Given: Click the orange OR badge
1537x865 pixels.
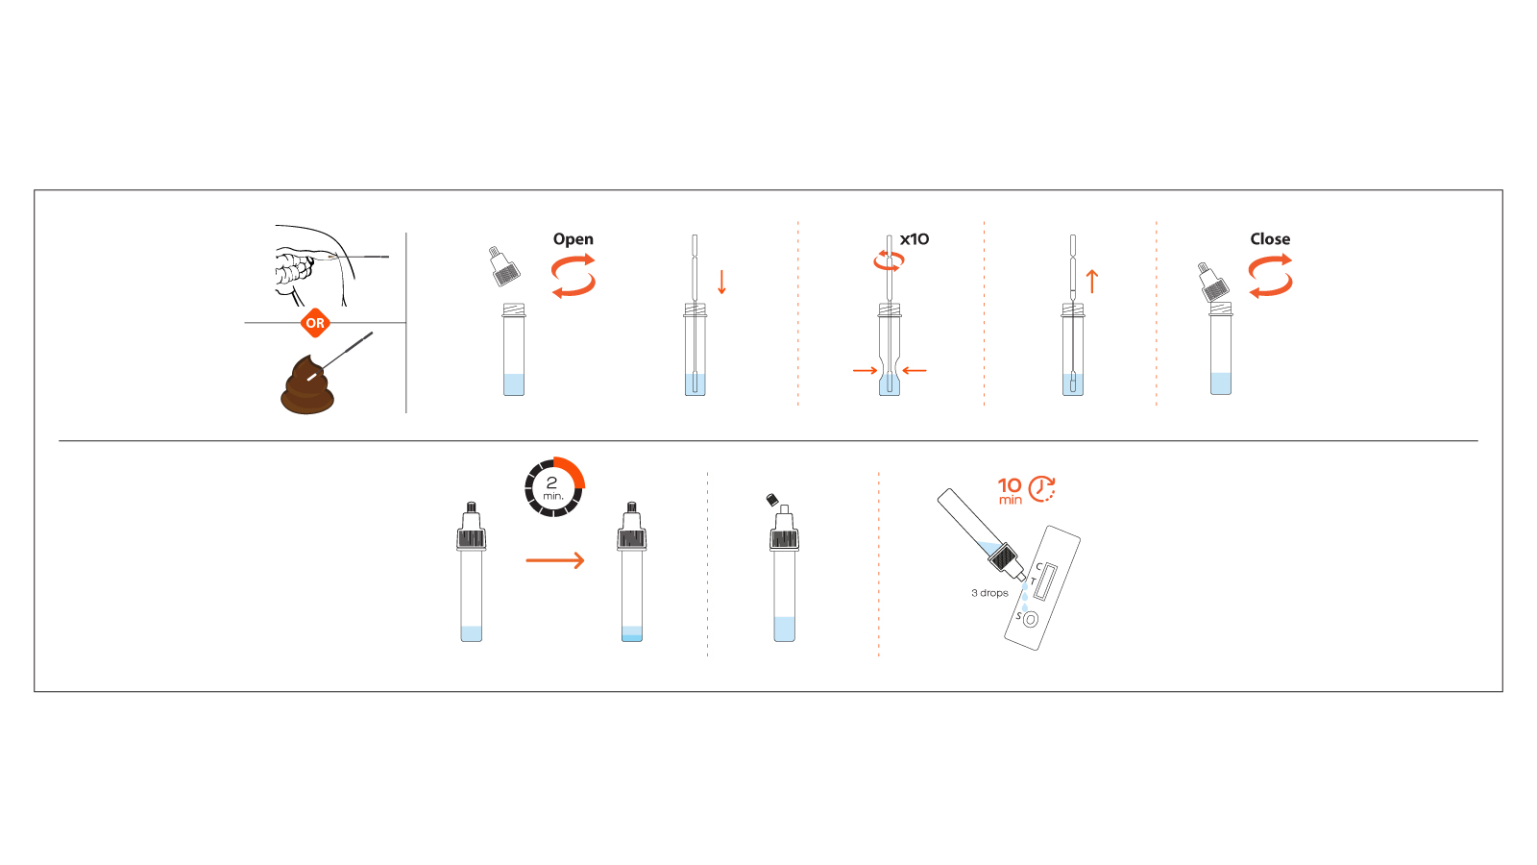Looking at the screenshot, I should point(315,323).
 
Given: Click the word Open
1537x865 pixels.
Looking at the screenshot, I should point(573,239).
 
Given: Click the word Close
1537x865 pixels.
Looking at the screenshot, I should point(1270,239).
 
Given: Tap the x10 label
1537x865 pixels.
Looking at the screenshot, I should point(915,239).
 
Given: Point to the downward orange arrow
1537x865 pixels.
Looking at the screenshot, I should point(722,282).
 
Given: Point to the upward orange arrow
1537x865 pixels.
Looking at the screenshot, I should point(1092,281).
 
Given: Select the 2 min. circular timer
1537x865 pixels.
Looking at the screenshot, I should point(554,487).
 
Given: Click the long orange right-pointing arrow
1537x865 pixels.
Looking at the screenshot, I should point(555,560).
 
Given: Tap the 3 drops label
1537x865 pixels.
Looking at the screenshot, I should point(989,593).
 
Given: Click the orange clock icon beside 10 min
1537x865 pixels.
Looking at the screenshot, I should point(1042,488).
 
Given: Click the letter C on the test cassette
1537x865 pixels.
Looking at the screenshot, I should point(1038,566).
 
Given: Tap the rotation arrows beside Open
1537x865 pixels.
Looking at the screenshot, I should point(573,275).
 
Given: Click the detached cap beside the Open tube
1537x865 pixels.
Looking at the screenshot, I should point(503,267).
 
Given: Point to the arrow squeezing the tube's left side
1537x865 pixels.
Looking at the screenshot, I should point(865,370).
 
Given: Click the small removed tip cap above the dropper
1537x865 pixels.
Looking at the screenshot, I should point(771,499).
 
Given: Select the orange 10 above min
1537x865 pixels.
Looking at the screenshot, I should point(1010,485).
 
